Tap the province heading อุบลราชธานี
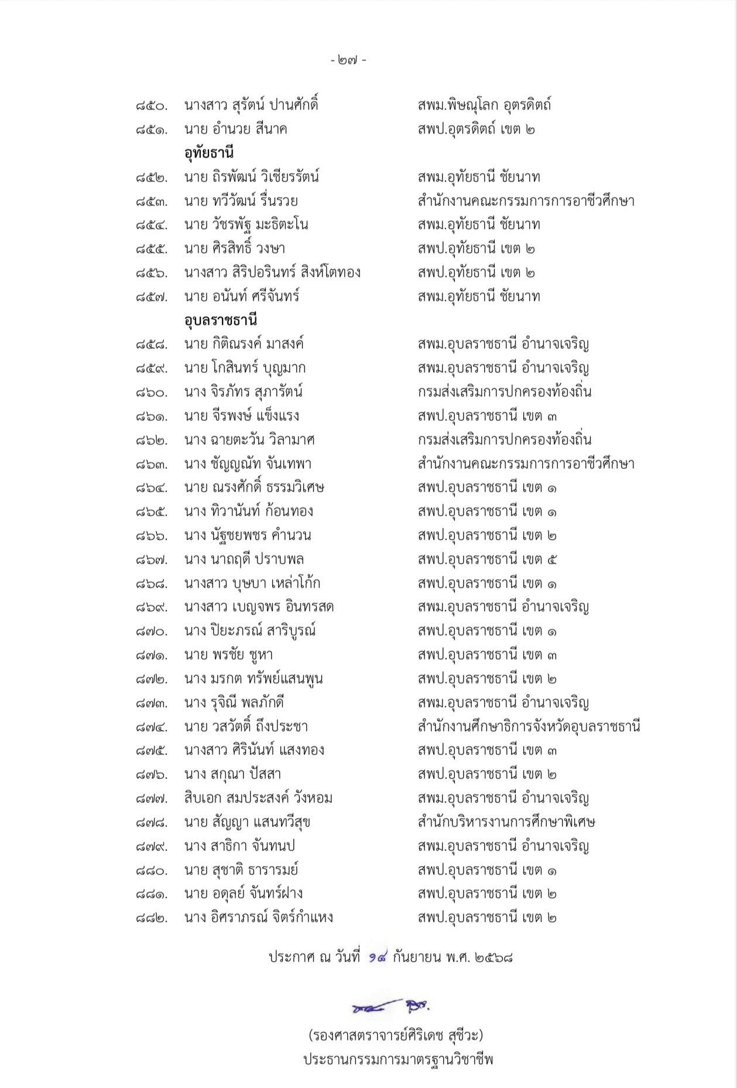point(221,321)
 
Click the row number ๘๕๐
point(151,106)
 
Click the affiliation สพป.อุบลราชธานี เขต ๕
point(486,560)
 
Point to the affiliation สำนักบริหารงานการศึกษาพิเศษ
point(506,822)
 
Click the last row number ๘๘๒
point(151,918)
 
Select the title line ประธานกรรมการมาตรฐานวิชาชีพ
point(398,1060)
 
